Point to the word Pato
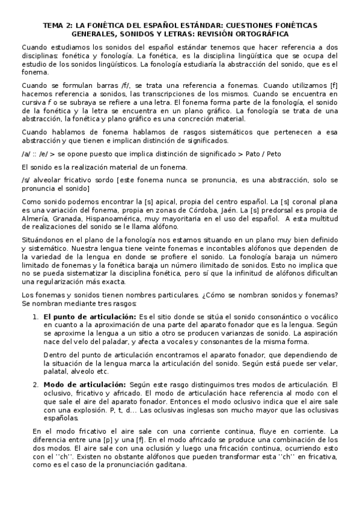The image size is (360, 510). [253, 153]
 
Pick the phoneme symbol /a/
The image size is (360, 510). [25, 153]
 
